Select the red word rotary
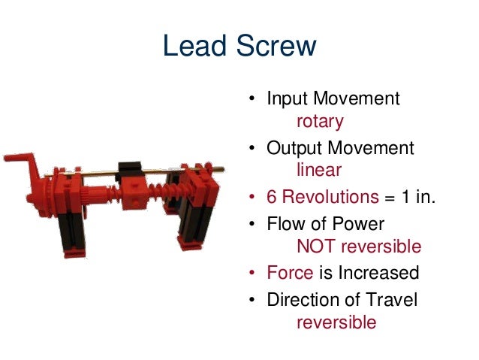pyautogui.click(x=320, y=121)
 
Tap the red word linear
pyautogui.click(x=319, y=171)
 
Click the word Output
pyautogui.click(x=294, y=148)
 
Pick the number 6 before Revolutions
pyautogui.click(x=272, y=198)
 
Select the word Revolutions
pyautogui.click(x=330, y=198)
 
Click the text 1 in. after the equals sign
pyautogui.click(x=420, y=198)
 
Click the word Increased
pyautogui.click(x=378, y=273)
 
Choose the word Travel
pyautogui.click(x=391, y=298)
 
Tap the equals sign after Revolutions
pyautogui.click(x=390, y=198)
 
